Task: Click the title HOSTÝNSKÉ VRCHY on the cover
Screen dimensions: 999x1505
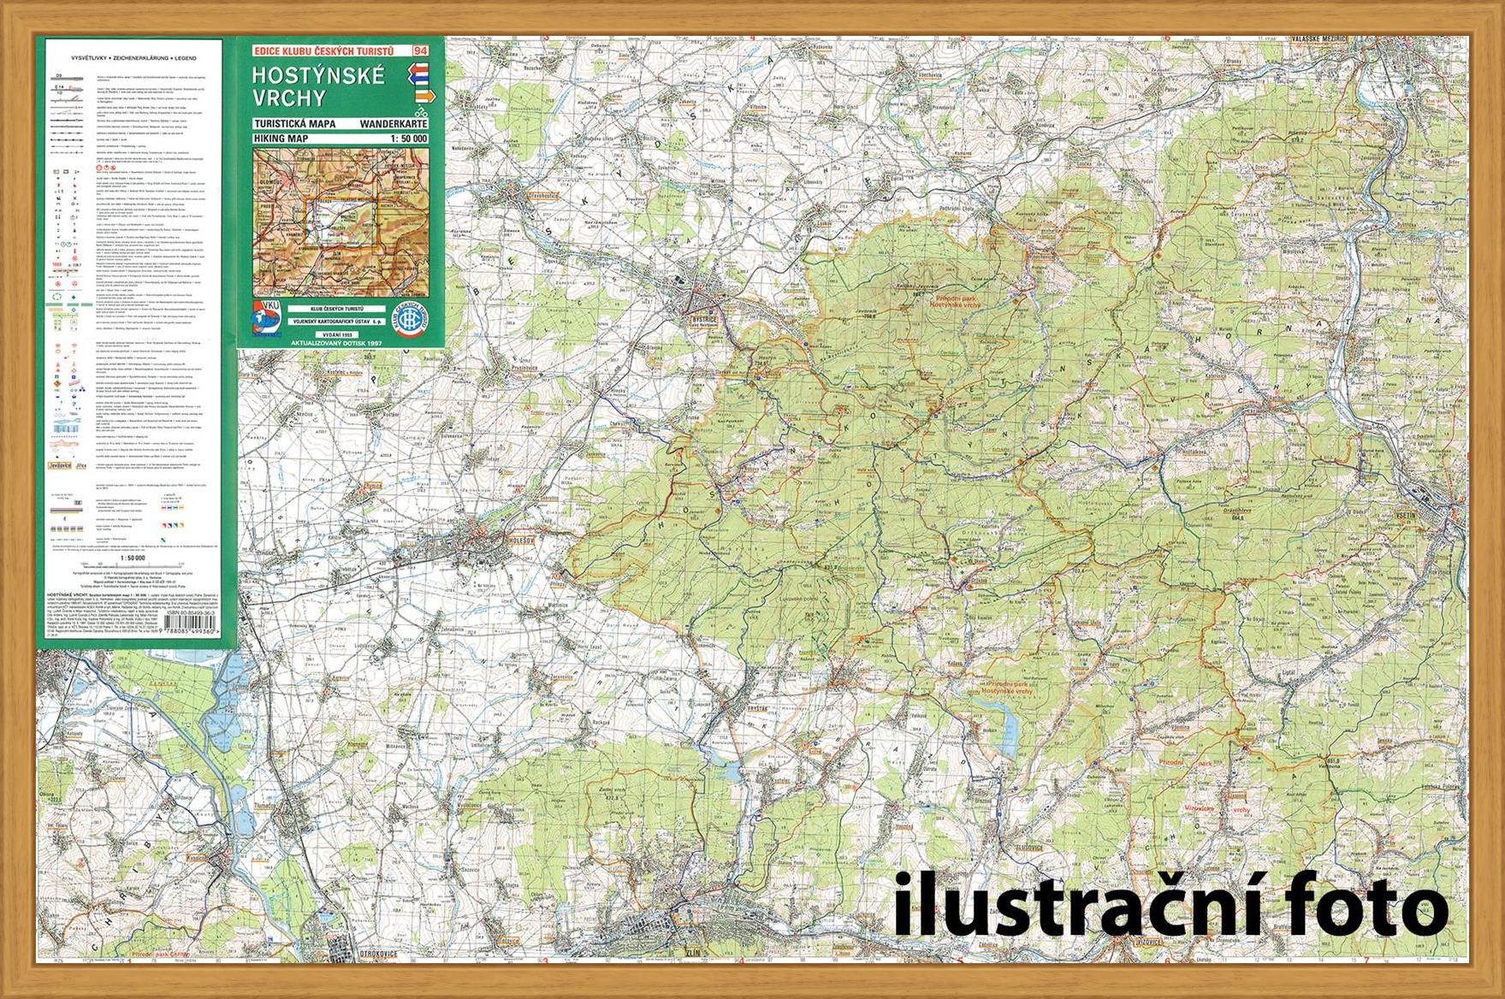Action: pos(318,85)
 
